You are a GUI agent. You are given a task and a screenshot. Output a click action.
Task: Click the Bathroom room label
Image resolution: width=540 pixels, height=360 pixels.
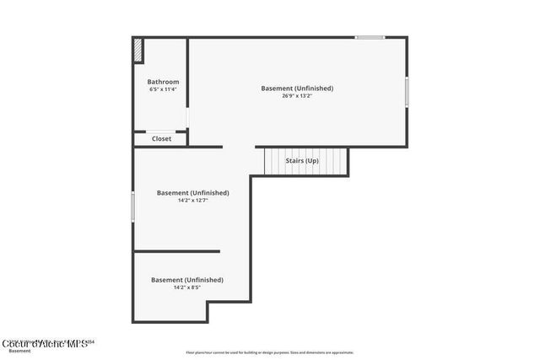pos(163,82)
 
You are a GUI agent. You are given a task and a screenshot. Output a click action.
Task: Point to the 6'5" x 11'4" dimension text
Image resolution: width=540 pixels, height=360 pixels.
pos(163,89)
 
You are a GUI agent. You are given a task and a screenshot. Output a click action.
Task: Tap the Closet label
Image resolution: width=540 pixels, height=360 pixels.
pos(161,139)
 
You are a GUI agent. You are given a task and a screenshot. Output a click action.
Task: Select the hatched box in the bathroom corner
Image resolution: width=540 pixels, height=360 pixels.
pos(138,51)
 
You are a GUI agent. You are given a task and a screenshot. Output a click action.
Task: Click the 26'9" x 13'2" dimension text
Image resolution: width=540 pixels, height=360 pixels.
pos(297,96)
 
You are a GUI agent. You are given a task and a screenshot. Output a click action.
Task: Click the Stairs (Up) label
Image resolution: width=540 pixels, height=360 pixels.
pos(301,160)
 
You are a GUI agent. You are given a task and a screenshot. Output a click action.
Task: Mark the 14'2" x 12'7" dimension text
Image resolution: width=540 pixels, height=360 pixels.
pos(192,201)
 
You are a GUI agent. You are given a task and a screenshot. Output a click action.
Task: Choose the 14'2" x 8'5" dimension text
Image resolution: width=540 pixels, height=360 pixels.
pos(186,287)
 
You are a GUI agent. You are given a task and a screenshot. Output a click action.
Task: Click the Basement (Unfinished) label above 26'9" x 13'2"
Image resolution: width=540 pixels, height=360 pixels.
pos(297,88)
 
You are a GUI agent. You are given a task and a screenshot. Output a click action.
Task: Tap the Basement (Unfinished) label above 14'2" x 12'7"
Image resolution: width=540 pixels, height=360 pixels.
pos(192,192)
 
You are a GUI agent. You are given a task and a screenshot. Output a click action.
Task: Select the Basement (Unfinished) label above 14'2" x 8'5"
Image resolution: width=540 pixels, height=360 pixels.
pos(186,279)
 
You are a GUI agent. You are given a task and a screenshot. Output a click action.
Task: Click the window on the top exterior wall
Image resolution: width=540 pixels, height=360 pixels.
pos(369,37)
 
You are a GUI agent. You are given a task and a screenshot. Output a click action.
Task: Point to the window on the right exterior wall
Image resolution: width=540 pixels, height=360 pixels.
pos(407,92)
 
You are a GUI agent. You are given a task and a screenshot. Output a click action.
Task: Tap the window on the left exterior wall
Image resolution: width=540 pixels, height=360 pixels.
pos(132,207)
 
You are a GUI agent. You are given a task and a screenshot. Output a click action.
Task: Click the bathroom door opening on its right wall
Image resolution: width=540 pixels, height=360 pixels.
pos(187,117)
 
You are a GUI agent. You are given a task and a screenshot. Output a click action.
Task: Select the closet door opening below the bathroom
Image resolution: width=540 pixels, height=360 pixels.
pos(160,131)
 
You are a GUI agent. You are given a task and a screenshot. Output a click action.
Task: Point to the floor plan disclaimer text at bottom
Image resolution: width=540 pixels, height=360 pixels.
pos(269,352)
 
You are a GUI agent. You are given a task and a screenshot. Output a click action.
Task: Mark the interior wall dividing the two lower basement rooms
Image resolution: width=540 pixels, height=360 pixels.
pos(176,251)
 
